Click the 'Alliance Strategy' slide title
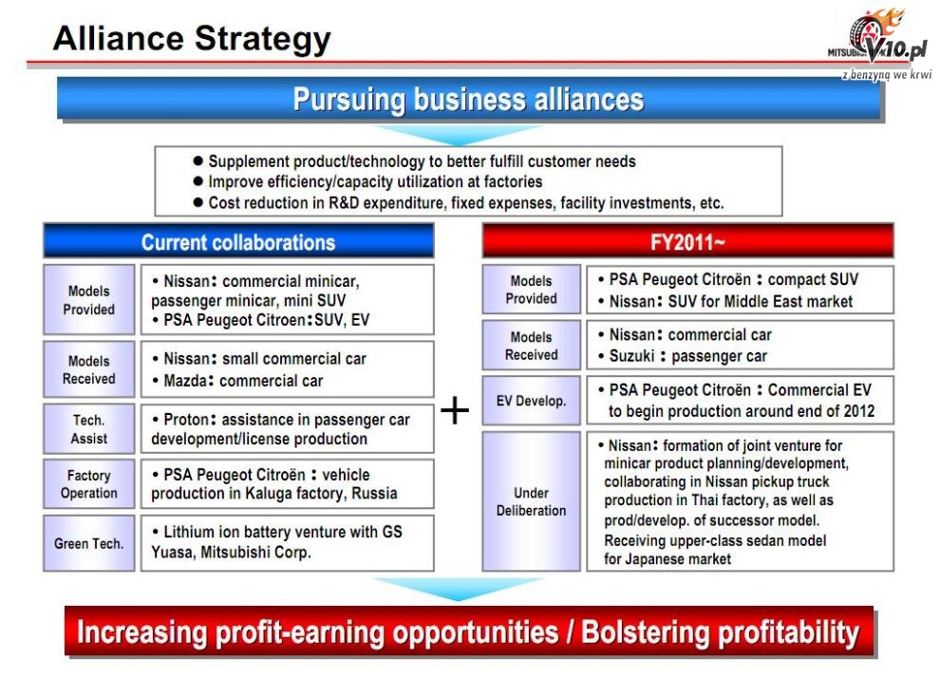[x=192, y=38]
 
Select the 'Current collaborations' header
[x=238, y=241]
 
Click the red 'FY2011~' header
[x=687, y=241]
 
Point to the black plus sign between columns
[x=455, y=410]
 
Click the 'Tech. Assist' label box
[x=88, y=428]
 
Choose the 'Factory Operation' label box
[x=88, y=483]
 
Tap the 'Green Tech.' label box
[x=88, y=543]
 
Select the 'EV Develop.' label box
[x=531, y=401]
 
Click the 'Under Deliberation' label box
[x=531, y=501]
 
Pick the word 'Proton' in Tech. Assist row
[x=186, y=419]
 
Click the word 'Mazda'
[x=185, y=381]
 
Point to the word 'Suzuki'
[x=631, y=356]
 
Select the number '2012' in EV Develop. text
[x=859, y=411]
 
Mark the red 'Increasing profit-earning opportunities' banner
[x=469, y=631]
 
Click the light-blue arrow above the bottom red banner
[x=458, y=589]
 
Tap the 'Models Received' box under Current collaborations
[x=88, y=369]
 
